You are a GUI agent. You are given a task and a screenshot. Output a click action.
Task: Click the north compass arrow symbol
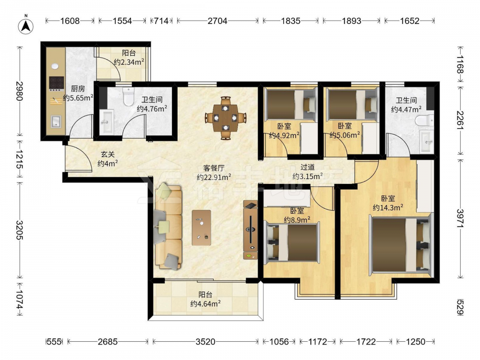(26, 26)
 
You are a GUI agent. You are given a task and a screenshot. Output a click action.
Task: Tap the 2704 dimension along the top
(217, 21)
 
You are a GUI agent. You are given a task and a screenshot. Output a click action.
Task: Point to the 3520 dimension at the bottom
(205, 341)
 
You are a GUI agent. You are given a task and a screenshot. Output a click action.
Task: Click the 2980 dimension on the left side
(20, 91)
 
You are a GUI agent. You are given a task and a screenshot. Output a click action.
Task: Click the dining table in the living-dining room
(226, 118)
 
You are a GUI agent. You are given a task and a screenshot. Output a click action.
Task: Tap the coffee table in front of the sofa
(202, 228)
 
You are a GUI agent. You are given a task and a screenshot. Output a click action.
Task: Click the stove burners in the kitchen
(57, 83)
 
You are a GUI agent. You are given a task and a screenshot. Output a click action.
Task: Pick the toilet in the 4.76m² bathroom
(128, 96)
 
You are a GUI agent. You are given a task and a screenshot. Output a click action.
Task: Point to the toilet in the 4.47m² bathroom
(425, 120)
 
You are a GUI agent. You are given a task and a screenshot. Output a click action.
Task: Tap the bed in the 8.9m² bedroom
(292, 242)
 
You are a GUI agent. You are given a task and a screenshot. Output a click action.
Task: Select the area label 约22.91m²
(214, 177)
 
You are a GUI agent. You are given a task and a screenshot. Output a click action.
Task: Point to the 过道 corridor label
(307, 167)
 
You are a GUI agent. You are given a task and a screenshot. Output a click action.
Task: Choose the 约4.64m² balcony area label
(205, 304)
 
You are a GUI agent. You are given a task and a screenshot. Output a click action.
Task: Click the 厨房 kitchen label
(78, 89)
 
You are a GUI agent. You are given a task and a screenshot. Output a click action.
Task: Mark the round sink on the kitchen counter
(55, 66)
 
